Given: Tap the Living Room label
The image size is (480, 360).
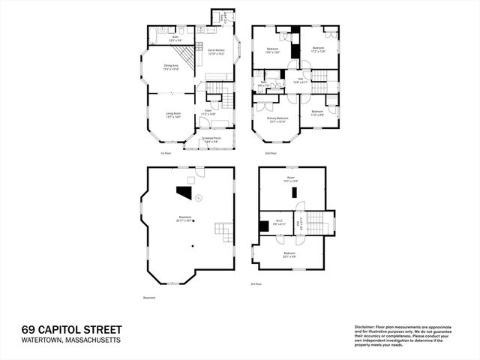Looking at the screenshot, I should pyautogui.click(x=174, y=115).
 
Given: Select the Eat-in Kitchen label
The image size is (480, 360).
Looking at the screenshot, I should pyautogui.click(x=216, y=52).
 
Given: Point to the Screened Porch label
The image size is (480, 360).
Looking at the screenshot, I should pyautogui.click(x=211, y=139).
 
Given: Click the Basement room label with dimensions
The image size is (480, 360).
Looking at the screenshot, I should pyautogui.click(x=184, y=219).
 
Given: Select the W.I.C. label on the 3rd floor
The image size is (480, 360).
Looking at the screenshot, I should pyautogui.click(x=278, y=223).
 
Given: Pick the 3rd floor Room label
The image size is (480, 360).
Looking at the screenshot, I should pyautogui.click(x=291, y=181).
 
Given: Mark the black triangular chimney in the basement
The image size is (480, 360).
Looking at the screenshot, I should pyautogui.click(x=184, y=192).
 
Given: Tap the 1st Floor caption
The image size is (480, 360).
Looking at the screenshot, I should pyautogui.click(x=166, y=154).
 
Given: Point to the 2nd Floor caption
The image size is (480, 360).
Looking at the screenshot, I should pyautogui.click(x=271, y=154).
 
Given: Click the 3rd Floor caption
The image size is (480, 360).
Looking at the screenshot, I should pyautogui.click(x=257, y=284).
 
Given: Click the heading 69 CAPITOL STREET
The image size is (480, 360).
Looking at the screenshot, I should pyautogui.click(x=71, y=330).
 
